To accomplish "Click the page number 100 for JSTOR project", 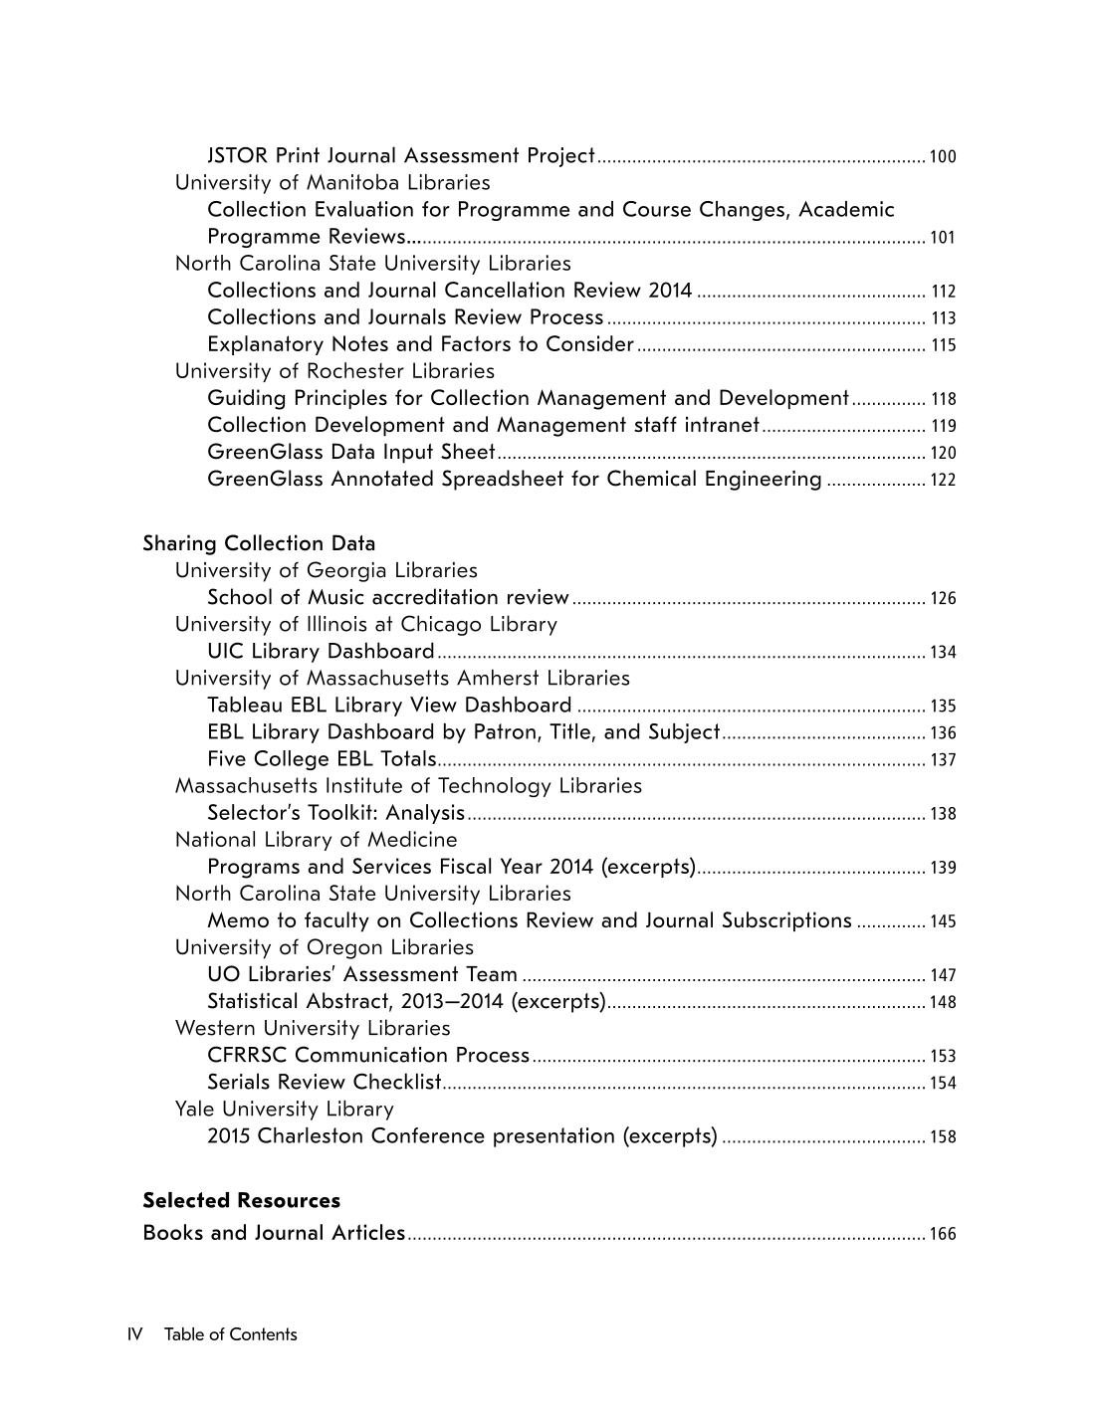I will [942, 157].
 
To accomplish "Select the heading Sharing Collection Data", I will [259, 543].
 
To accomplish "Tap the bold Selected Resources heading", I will [241, 1200].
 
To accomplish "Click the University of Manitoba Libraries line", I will [332, 182].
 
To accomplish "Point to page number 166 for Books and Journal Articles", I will [942, 1235].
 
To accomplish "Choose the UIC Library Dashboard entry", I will [321, 651].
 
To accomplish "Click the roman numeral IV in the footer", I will [135, 1334].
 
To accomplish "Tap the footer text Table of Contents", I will [230, 1334].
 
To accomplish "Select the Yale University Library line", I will [284, 1109].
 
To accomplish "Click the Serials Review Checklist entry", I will [324, 1082].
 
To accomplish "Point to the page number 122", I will [942, 481].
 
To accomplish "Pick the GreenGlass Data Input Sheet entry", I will [350, 452].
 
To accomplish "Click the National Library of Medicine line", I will [316, 840].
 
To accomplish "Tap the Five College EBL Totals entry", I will [322, 758].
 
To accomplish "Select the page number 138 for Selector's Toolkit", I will [942, 815].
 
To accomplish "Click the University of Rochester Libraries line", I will [334, 371].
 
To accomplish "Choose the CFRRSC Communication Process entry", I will [368, 1055].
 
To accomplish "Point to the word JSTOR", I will [237, 155].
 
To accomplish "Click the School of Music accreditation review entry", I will [387, 597].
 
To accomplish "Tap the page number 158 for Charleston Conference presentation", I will [942, 1137].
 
